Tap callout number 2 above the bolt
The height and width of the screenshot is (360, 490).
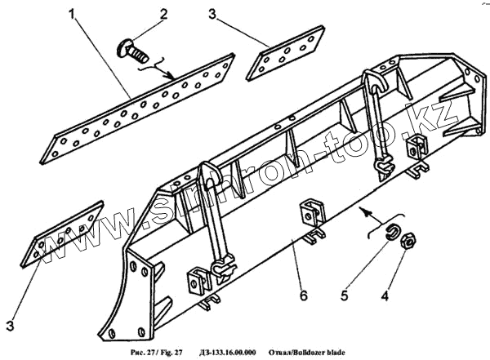click(x=163, y=14)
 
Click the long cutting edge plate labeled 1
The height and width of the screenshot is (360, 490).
click(x=139, y=107)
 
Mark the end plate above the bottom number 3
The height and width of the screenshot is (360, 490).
click(x=69, y=236)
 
